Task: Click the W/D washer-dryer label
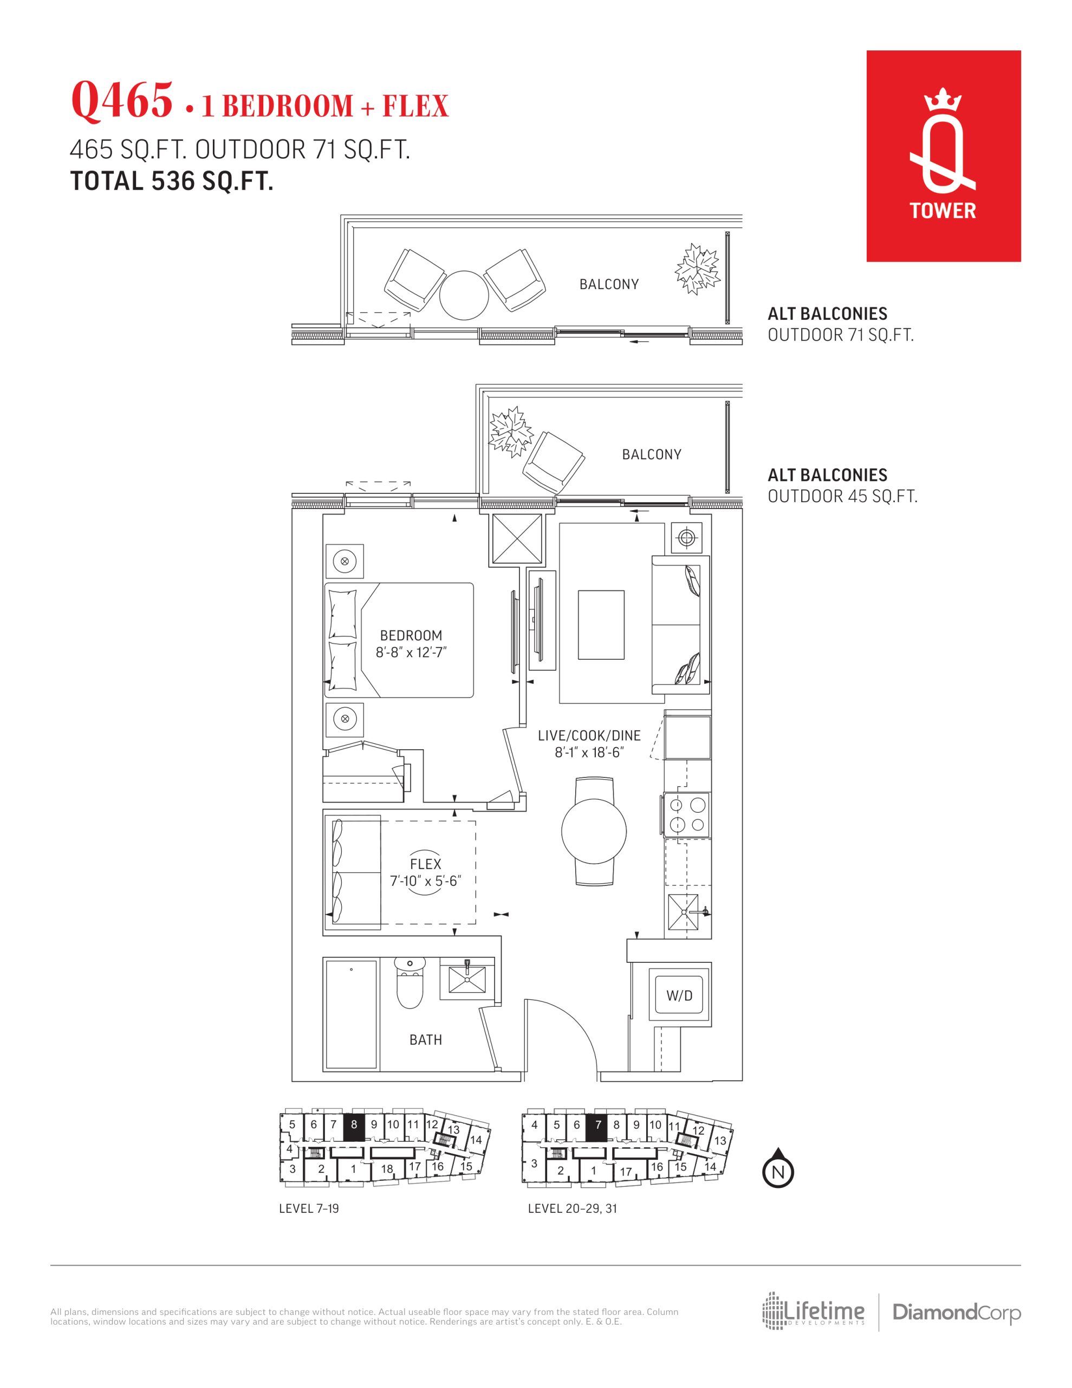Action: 679,996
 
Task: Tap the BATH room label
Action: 426,1040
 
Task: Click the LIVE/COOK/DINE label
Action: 589,735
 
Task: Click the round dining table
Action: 594,831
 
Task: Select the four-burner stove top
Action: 686,815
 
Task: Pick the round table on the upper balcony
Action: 464,295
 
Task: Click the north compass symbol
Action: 778,1167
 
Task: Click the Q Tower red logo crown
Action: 943,102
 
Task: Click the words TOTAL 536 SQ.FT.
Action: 172,182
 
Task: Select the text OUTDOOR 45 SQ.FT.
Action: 843,496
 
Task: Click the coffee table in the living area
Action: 601,625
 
